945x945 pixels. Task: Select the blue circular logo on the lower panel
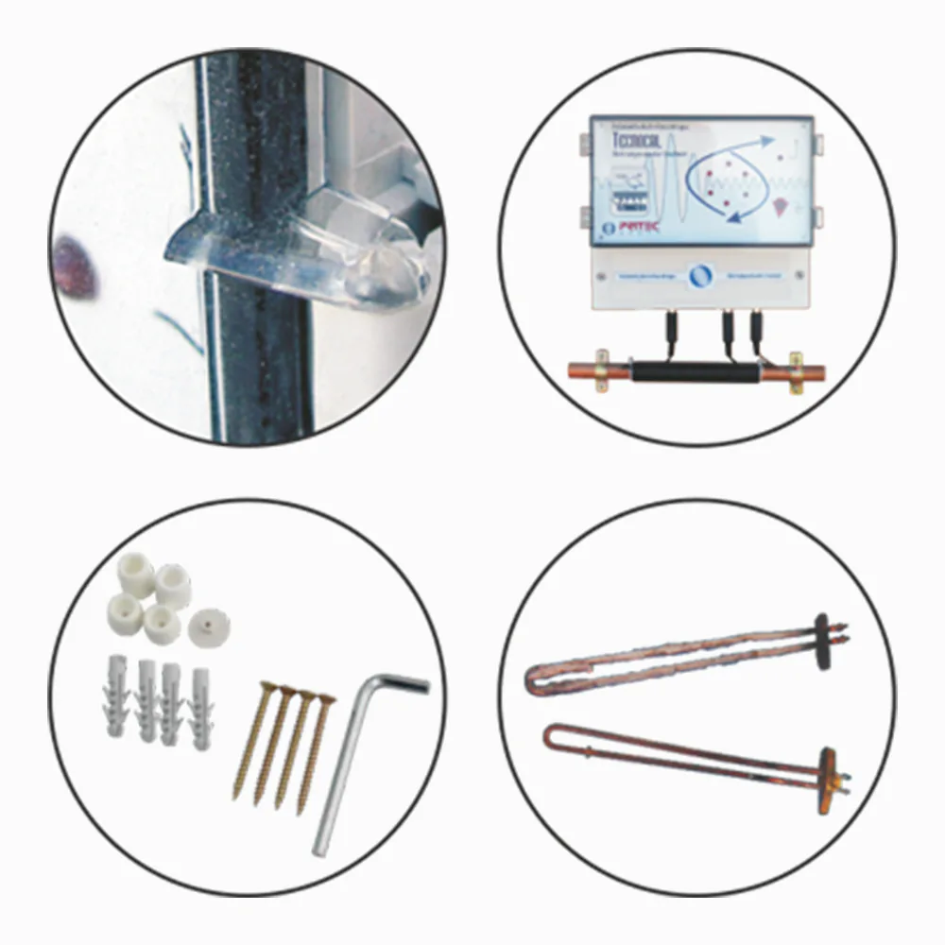pos(699,274)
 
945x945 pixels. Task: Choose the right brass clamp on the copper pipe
pos(796,371)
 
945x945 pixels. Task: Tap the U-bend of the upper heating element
pos(536,679)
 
